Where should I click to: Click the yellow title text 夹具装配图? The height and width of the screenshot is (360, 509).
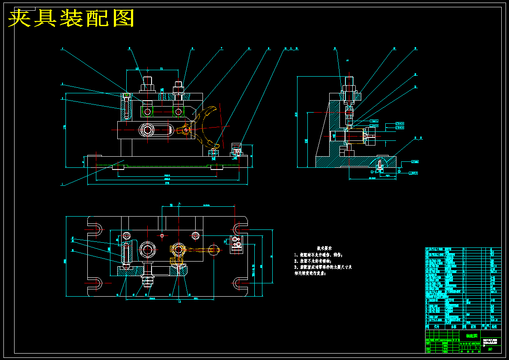pos(71,18)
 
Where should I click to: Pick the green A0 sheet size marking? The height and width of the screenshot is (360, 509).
pos(490,349)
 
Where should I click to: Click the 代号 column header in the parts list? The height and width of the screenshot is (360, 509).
pos(437,326)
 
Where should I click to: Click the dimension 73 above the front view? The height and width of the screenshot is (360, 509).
pos(162,68)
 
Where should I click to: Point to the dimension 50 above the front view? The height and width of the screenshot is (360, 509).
pos(137,68)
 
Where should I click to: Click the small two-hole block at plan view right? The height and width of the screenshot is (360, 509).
pos(236,244)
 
